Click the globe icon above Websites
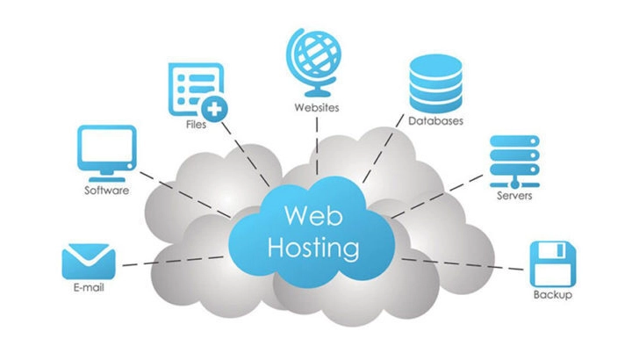point(313,61)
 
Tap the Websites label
point(317,108)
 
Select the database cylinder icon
point(435,83)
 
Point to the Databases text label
point(435,120)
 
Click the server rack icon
point(514,162)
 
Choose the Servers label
point(514,195)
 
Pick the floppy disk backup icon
point(553,264)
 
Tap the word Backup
point(553,294)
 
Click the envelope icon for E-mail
point(89,262)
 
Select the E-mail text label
point(89,287)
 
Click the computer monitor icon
point(107,154)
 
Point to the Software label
point(107,190)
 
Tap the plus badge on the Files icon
point(214,109)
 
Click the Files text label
point(196,125)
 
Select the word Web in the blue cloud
point(313,216)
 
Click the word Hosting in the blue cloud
point(313,248)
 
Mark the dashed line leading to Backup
point(463,264)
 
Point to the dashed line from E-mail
point(173,262)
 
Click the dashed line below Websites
point(317,146)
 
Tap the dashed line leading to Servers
point(437,196)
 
